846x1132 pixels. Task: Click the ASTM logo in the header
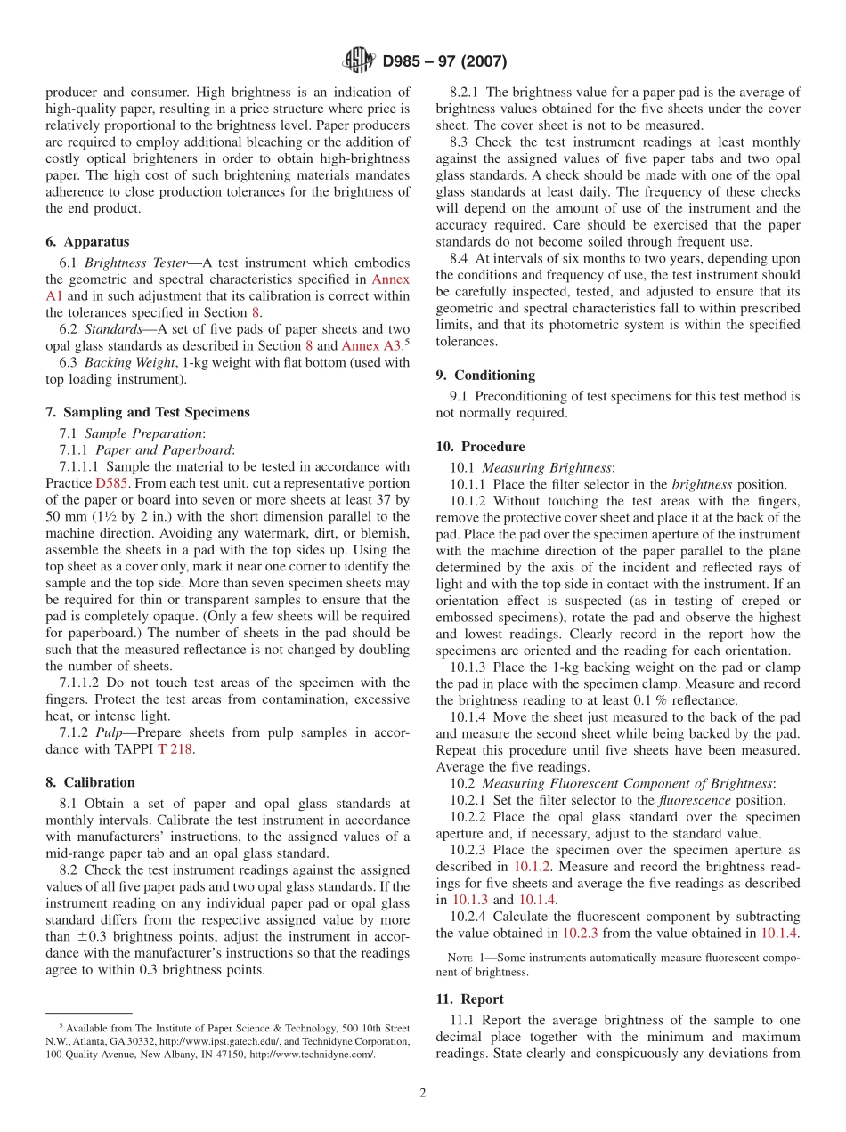[359, 61]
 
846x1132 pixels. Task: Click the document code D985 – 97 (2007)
[444, 61]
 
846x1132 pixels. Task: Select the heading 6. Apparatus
[87, 242]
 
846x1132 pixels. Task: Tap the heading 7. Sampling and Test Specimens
[148, 412]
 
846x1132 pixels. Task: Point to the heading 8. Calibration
[90, 782]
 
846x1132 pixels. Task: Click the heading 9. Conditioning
[485, 375]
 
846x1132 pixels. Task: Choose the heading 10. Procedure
[480, 447]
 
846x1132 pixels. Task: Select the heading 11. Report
[469, 999]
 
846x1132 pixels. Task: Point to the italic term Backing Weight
[129, 363]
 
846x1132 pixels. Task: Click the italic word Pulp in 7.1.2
[110, 732]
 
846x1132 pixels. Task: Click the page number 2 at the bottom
[423, 1094]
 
